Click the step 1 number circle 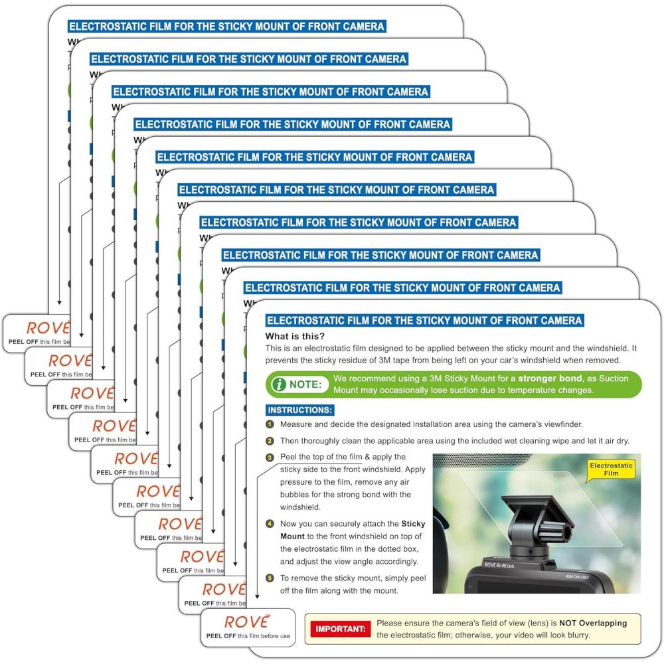coord(270,424)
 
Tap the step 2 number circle coord(270,441)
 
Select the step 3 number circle coord(270,457)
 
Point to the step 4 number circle coord(270,524)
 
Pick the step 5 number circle coord(270,578)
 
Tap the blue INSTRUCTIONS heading coord(300,410)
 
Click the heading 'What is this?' coord(295,336)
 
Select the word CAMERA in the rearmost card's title coord(362,27)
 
